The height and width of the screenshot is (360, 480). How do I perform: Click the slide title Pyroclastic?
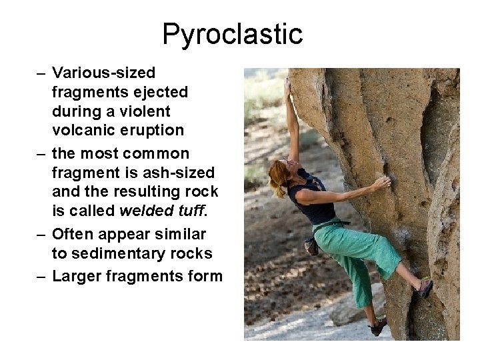(x=232, y=33)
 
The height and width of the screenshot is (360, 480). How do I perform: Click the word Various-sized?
(x=103, y=72)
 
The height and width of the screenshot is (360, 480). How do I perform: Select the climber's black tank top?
(x=312, y=200)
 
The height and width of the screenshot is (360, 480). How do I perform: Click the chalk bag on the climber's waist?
(x=311, y=246)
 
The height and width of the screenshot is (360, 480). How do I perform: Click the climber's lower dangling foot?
(x=378, y=326)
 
